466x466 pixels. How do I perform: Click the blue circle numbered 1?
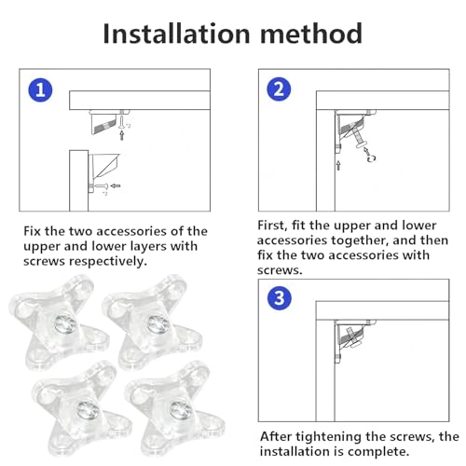tap(40, 90)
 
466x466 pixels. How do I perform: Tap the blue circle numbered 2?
tap(279, 89)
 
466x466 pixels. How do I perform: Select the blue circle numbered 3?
tap(280, 298)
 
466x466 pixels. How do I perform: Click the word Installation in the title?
tap(176, 34)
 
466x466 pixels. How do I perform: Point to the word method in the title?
tap(311, 34)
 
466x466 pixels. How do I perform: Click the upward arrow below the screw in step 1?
tap(122, 135)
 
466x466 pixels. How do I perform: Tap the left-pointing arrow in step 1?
tap(116, 185)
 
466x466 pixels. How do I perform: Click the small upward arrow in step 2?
tap(338, 165)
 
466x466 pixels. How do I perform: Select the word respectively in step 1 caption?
tap(108, 262)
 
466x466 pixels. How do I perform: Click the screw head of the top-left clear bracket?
tap(65, 325)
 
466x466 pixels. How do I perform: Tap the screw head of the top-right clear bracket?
tap(158, 324)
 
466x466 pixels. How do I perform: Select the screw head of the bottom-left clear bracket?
tap(89, 411)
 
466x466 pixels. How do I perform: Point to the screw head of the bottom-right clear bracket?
tap(181, 411)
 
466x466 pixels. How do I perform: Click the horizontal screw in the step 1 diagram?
tap(100, 186)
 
